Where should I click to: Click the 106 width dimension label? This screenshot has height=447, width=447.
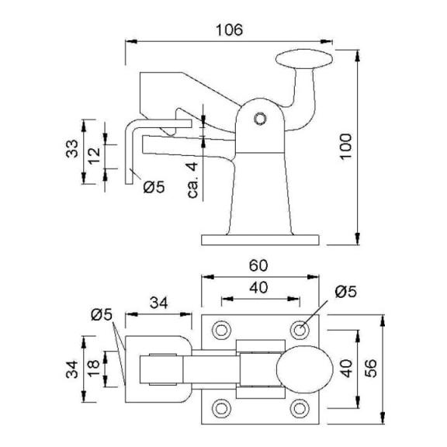[x=229, y=30]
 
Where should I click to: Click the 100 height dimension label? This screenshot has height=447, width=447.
[x=346, y=147]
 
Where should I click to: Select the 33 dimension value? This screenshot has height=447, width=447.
[x=72, y=148]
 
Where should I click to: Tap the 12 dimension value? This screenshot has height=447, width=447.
[x=94, y=156]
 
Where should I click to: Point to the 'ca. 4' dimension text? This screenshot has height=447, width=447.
[x=192, y=180]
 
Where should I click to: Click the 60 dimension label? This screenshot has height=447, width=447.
[x=258, y=265]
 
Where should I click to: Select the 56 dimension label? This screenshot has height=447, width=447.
[x=370, y=369]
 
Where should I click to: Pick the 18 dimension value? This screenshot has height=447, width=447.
[x=94, y=369]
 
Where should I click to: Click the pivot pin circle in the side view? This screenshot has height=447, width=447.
[x=260, y=119]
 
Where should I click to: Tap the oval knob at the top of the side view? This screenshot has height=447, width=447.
[x=304, y=59]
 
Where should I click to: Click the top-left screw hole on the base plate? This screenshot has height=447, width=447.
[x=221, y=330]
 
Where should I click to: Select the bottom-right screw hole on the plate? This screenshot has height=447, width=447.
[x=300, y=408]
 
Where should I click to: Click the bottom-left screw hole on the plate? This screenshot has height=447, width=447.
[x=221, y=408]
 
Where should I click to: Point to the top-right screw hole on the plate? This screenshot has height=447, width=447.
[x=300, y=330]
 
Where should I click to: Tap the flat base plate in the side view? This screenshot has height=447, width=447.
[x=260, y=240]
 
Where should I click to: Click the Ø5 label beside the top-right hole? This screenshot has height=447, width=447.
[x=345, y=292]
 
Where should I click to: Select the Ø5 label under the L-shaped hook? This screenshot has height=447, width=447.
[x=154, y=187]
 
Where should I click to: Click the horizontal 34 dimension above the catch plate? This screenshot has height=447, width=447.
[x=159, y=303]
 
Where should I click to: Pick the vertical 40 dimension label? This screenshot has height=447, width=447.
[x=346, y=369]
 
